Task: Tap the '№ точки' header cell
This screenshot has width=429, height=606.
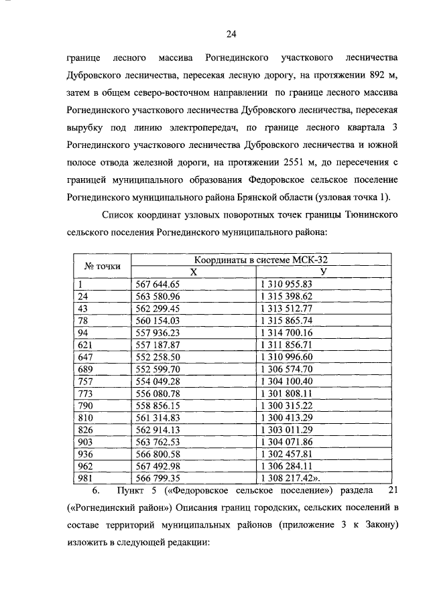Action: pyautogui.click(x=102, y=266)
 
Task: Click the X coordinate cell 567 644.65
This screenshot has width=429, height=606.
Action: pyautogui.click(x=158, y=283)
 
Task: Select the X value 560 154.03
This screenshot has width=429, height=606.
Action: pyautogui.click(x=158, y=320)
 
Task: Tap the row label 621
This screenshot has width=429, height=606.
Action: pyautogui.click(x=85, y=344)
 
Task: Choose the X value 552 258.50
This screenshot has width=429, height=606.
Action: pyautogui.click(x=158, y=356)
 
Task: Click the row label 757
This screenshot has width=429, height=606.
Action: pyautogui.click(x=85, y=381)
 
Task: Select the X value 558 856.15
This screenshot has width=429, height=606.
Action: pyautogui.click(x=158, y=405)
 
